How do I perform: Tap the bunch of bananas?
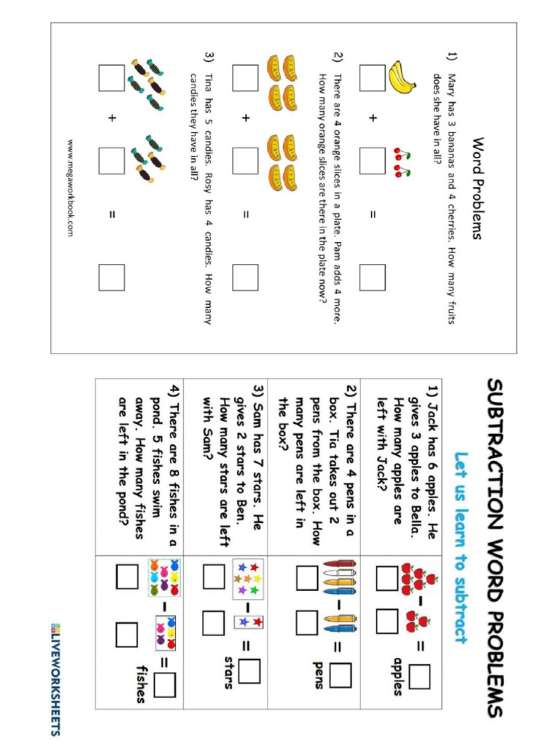pyautogui.click(x=400, y=77)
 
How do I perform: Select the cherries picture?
pyautogui.click(x=402, y=163)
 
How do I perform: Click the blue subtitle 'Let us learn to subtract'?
pyautogui.click(x=459, y=549)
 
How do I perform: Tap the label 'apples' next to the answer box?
pyautogui.click(x=397, y=676)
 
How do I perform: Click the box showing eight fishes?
pyautogui.click(x=163, y=578)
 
